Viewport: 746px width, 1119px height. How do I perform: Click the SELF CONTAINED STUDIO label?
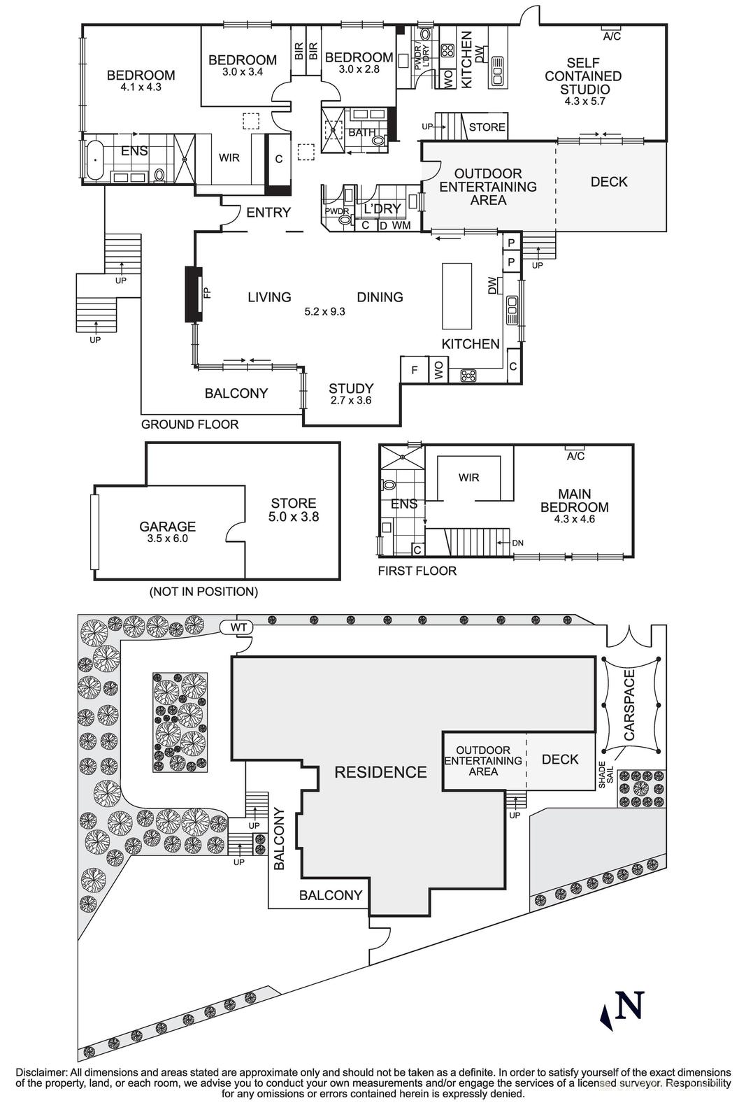point(582,76)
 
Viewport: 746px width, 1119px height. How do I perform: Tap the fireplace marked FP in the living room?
point(194,294)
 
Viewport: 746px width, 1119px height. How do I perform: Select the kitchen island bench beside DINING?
point(457,296)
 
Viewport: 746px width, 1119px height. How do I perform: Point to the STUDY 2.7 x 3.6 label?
point(351,394)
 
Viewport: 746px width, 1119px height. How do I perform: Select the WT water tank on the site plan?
point(238,627)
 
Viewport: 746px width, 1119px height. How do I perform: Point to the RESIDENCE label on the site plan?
point(380,772)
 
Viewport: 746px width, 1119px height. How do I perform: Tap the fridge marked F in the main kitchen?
point(415,370)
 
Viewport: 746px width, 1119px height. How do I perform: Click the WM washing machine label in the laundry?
point(401,225)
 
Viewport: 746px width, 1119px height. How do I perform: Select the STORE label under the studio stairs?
point(487,127)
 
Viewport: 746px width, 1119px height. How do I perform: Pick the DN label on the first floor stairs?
point(518,543)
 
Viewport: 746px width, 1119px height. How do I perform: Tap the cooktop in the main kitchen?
point(469,376)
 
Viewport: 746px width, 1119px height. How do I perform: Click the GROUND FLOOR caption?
point(189,424)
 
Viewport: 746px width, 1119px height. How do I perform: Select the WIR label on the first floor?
point(469,478)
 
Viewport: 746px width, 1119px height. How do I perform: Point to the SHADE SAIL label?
point(605,775)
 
